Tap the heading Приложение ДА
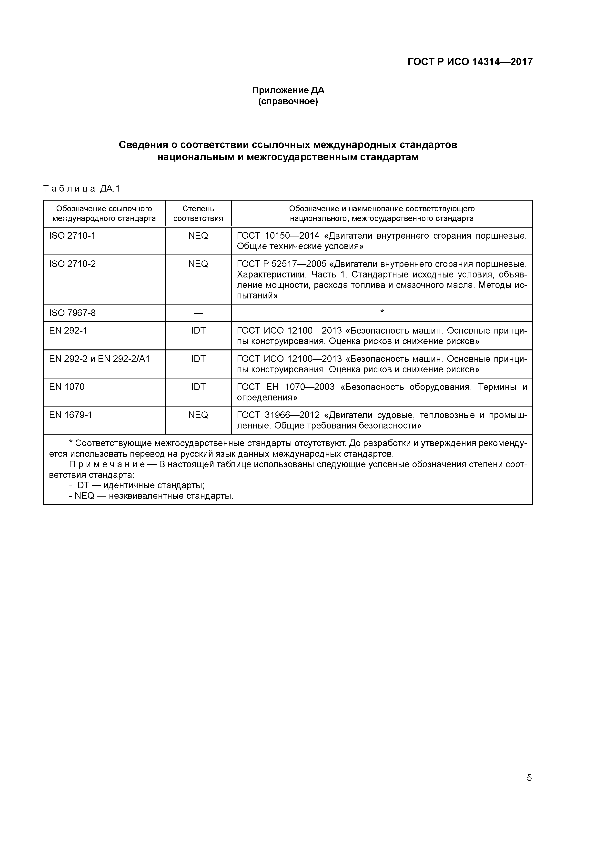[288, 90]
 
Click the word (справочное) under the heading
[288, 102]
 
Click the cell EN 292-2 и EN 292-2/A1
[99, 359]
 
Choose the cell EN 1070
[67, 387]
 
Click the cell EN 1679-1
[71, 415]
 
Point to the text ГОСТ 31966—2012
[278, 415]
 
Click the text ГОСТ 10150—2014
[278, 236]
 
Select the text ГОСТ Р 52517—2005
[282, 264]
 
